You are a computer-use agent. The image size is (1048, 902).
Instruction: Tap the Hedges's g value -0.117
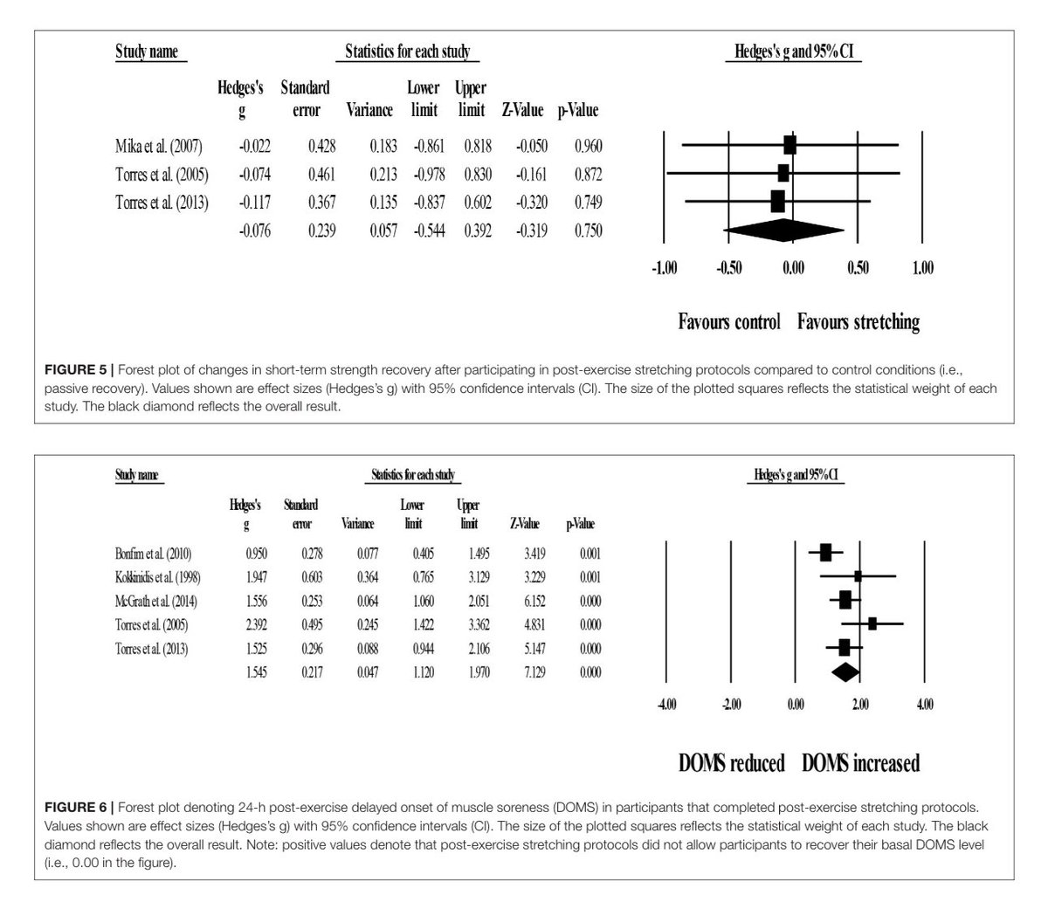(x=255, y=202)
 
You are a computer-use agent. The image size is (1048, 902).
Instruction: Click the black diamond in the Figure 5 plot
(x=784, y=231)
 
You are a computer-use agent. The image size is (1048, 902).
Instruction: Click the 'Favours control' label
(x=728, y=322)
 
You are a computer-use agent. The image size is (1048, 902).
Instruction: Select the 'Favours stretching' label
(x=858, y=322)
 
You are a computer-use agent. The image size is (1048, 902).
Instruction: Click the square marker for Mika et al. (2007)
(x=790, y=145)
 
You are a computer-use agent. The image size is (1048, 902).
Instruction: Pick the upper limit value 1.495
(x=469, y=554)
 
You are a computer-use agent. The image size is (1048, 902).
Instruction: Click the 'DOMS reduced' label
(x=731, y=763)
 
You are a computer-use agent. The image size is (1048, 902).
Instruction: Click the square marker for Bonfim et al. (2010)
(x=825, y=552)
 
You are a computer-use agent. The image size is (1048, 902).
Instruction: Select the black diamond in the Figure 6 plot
(x=845, y=671)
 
